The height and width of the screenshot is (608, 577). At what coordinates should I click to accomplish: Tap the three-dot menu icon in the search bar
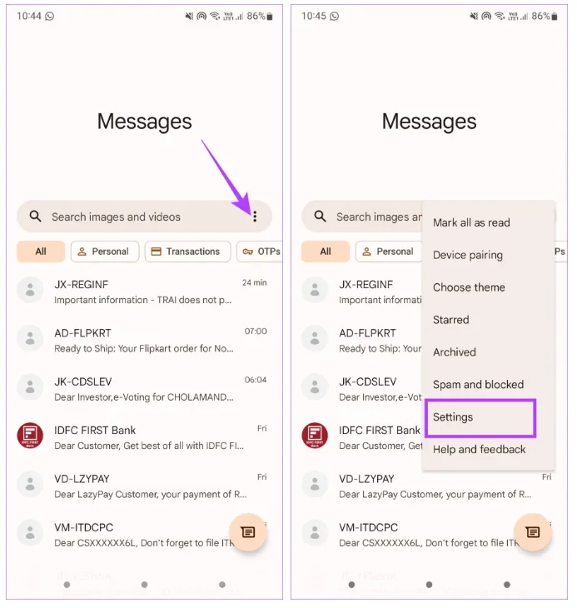[x=255, y=217]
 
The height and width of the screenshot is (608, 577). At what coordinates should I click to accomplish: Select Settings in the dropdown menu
[x=453, y=416]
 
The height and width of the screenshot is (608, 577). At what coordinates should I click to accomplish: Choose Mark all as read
[x=471, y=222]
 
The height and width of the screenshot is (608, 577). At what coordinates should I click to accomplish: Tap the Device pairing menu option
[x=468, y=255]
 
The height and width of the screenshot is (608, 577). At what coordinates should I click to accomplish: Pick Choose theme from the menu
[x=469, y=287]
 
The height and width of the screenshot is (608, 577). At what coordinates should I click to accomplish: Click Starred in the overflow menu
[x=450, y=320]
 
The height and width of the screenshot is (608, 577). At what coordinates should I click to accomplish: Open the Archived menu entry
[x=454, y=352]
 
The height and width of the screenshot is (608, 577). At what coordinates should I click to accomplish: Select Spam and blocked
[x=478, y=384]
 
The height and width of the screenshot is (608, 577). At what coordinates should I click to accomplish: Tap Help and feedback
[x=479, y=449]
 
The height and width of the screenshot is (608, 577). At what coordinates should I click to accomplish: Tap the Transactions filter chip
[x=188, y=252]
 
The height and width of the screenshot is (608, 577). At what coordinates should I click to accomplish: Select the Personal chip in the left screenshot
[x=105, y=252]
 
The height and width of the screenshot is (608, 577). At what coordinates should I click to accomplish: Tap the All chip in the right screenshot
[x=326, y=252]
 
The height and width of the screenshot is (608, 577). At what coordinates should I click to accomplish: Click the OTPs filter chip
[x=261, y=252]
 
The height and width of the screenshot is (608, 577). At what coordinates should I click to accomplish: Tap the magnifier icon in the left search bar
[x=35, y=216]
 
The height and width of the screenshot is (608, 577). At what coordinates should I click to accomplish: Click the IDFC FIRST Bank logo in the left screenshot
[x=30, y=435]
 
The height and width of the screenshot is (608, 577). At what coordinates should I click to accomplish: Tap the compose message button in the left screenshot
[x=248, y=532]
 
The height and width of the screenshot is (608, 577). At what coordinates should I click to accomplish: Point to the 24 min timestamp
[x=254, y=282]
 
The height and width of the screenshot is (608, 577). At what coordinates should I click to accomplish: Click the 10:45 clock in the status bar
[x=314, y=16]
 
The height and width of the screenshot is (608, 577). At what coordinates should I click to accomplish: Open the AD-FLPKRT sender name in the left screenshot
[x=82, y=333]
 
